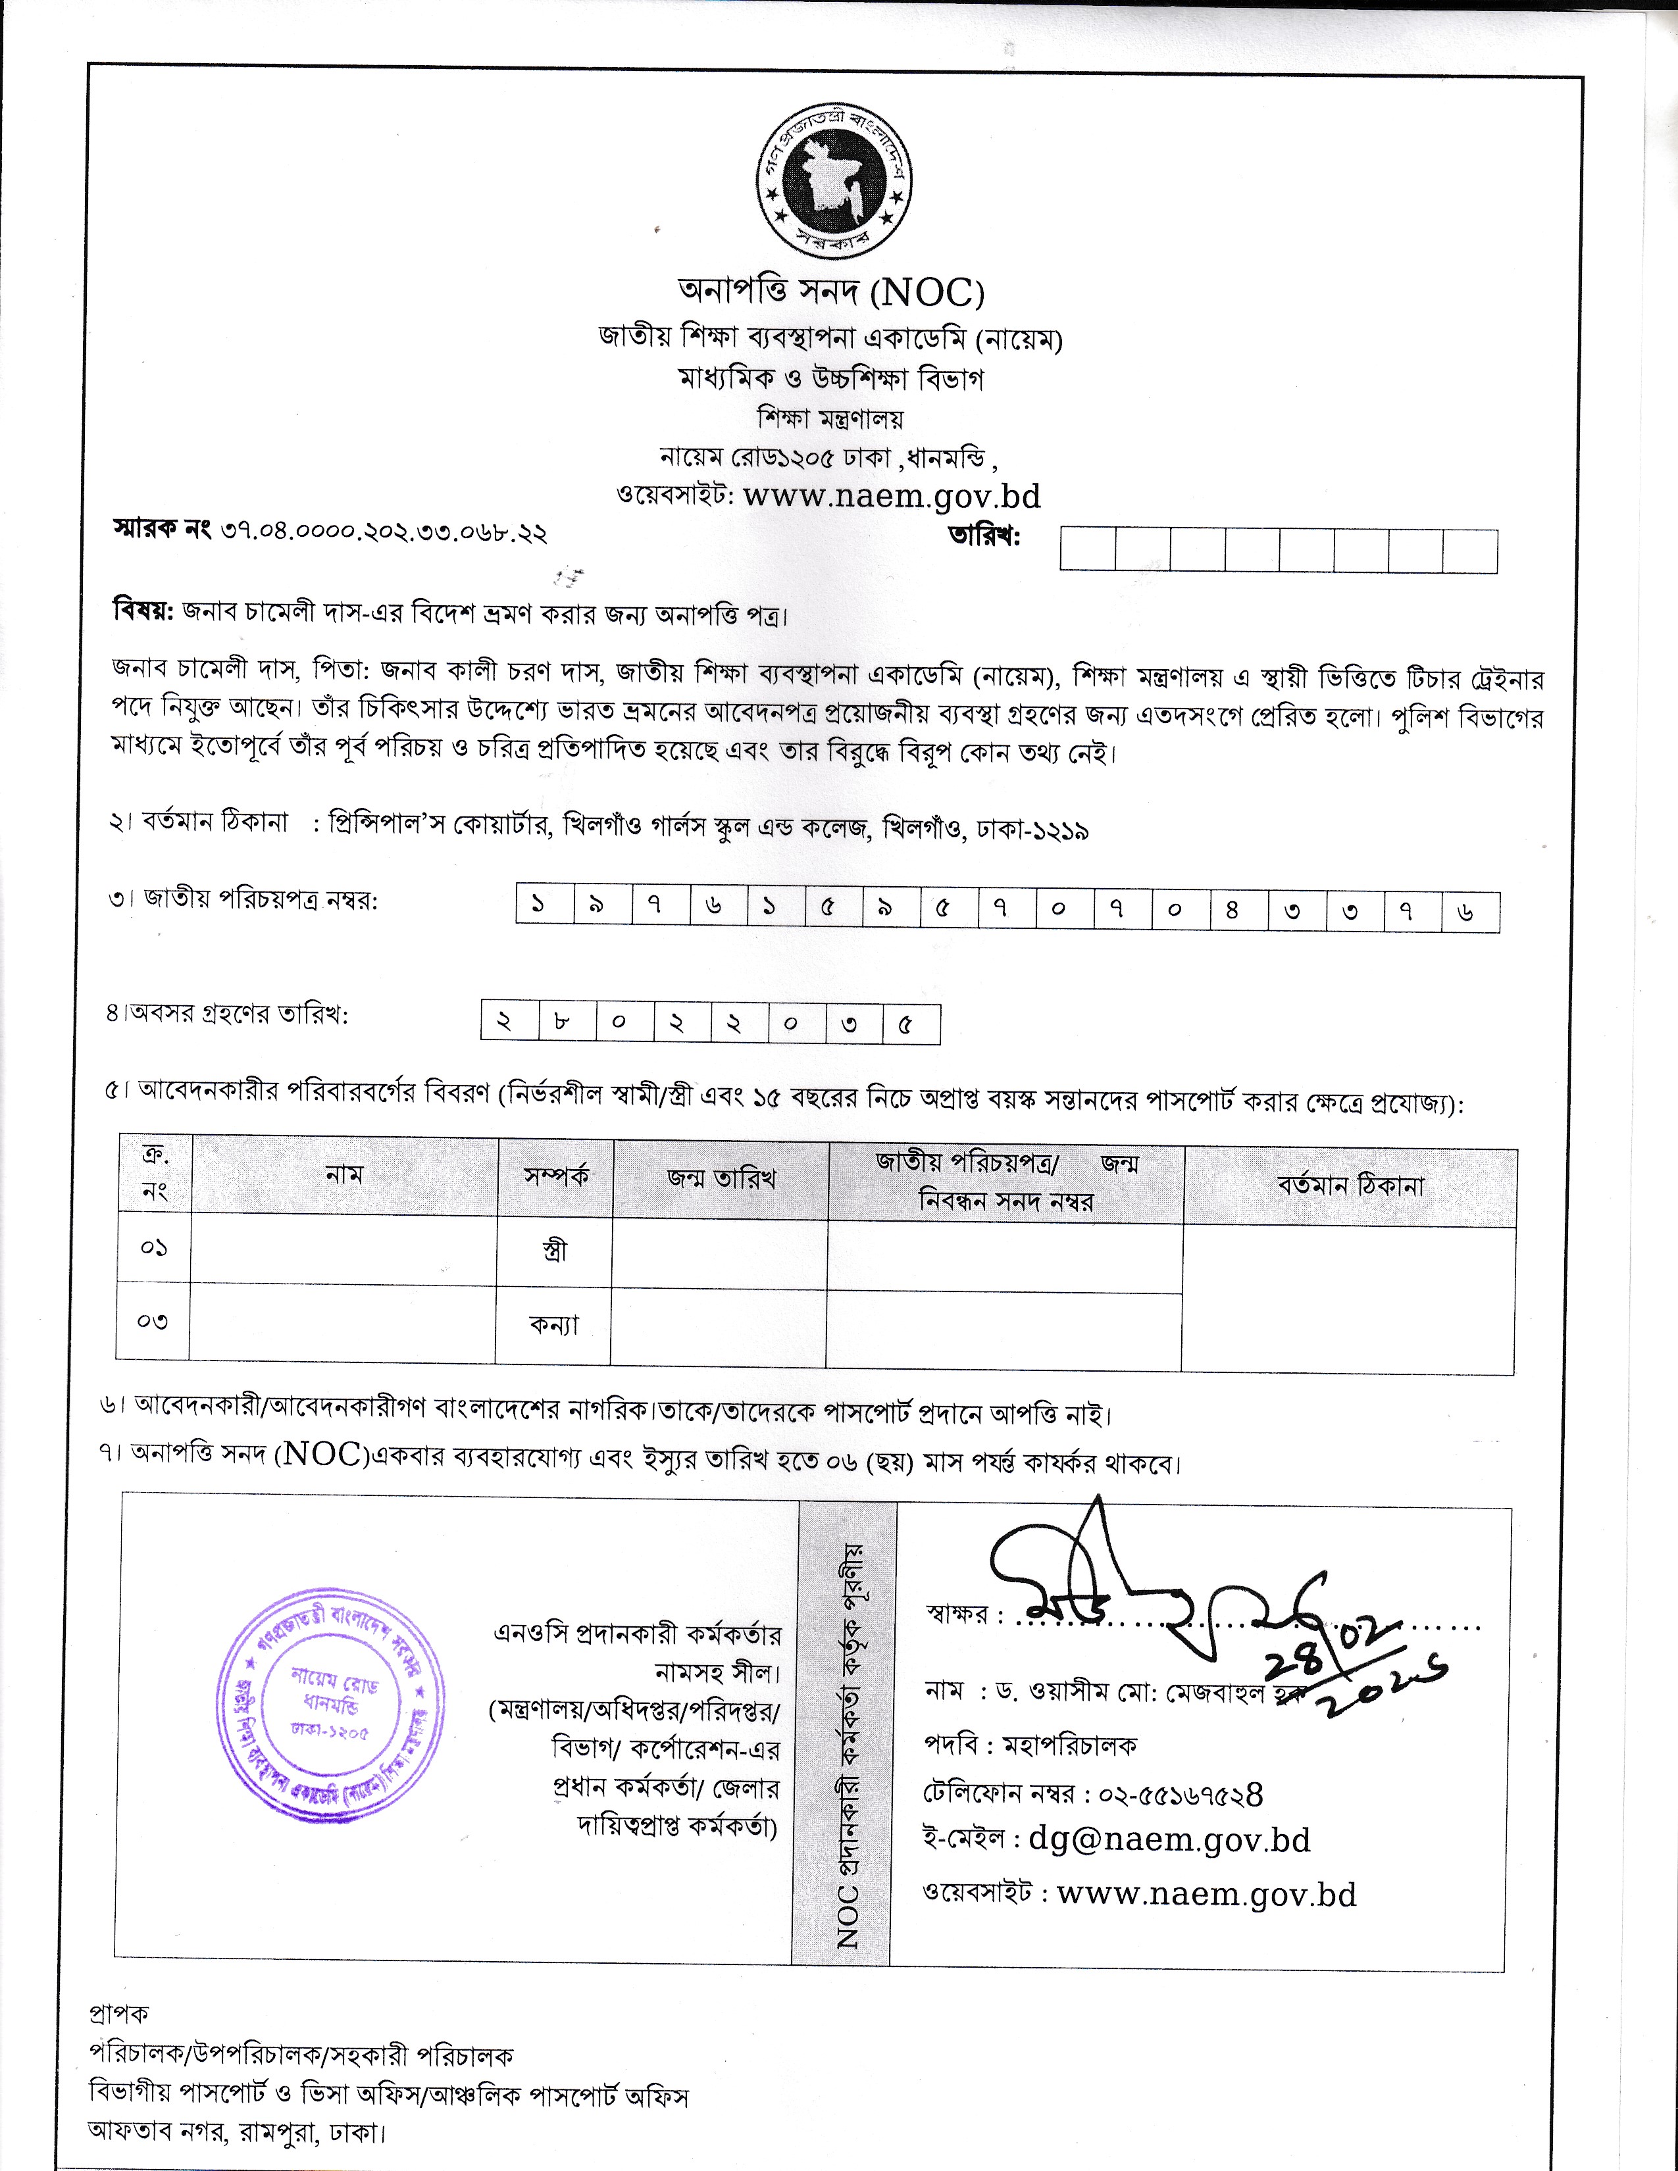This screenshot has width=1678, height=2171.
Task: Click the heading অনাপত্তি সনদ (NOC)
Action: pos(831,292)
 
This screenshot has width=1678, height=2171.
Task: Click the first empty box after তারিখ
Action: pos(1088,550)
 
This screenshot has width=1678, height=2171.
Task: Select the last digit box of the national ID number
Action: pos(1470,912)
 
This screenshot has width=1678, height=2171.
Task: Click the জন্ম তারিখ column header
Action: pos(721,1180)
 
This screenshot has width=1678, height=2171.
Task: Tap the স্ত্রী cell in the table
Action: pos(555,1251)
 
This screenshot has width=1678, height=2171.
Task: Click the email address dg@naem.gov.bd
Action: pos(1169,1840)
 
